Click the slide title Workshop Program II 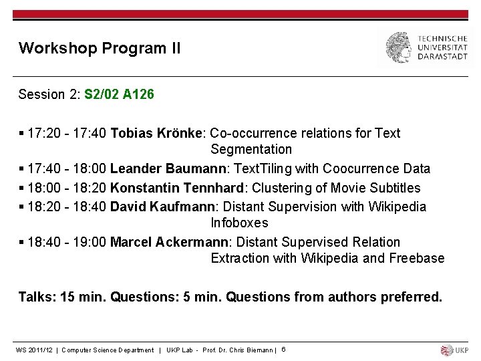[100, 48]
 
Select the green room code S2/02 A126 [119, 94]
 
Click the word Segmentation [251, 149]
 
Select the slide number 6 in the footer [283, 349]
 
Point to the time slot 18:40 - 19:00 [67, 242]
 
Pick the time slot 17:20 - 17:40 [67, 133]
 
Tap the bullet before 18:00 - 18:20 [21, 188]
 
